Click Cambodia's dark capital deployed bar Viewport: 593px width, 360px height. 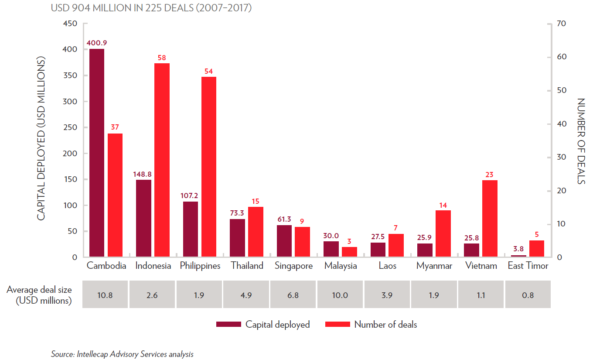97,153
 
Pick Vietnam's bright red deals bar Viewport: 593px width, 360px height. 490,218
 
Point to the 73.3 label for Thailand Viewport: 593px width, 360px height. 237,213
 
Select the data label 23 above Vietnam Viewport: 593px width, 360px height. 490,175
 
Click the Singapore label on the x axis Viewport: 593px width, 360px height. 293,266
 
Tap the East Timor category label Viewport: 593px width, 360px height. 528,266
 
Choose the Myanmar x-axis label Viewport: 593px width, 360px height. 434,266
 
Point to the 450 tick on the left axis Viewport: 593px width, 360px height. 70,24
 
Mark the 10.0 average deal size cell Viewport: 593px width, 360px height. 340,295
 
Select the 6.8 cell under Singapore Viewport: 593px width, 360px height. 293,295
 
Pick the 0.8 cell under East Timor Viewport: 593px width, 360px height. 528,295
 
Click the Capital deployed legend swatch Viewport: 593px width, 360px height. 228,324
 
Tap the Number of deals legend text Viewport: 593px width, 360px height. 385,325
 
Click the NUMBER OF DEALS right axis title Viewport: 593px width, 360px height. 581,141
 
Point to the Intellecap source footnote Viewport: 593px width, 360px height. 122,354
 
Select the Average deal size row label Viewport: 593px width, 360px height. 39,295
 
